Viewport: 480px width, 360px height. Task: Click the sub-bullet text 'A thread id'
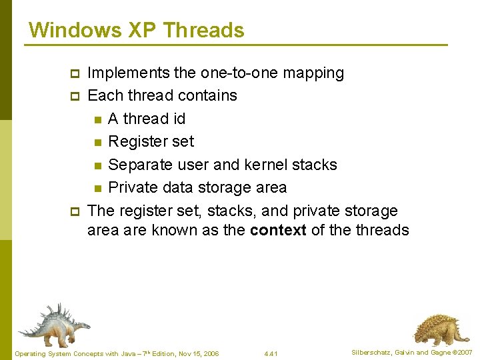coord(147,119)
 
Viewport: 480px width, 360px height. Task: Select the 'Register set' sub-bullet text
coord(151,141)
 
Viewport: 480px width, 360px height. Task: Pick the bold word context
coord(278,230)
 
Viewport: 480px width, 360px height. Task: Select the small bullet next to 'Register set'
coord(97,142)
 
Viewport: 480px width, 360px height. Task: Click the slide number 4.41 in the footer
coord(271,353)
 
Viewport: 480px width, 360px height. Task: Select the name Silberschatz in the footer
coord(371,352)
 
